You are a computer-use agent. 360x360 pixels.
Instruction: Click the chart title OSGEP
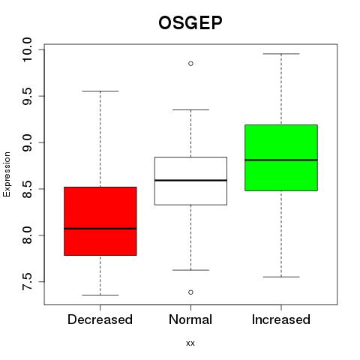coord(190,22)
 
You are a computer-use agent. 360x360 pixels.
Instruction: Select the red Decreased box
coord(100,221)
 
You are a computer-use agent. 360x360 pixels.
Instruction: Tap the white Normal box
coord(190,181)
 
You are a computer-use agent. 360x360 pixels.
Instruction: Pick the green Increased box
coord(281,157)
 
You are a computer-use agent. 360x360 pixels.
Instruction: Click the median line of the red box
coord(100,229)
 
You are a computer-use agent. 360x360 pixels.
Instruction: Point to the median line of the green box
coord(281,160)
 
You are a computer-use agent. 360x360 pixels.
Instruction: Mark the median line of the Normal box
coord(190,180)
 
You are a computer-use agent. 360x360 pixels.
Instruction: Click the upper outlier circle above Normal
coord(190,64)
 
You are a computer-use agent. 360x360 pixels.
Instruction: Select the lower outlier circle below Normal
coord(190,292)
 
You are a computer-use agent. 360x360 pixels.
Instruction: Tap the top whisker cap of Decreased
coord(100,91)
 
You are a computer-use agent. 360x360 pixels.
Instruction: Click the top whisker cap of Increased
coord(281,54)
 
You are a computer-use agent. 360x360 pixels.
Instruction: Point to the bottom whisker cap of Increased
coord(281,277)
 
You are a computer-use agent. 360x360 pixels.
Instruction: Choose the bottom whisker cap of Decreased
coord(100,295)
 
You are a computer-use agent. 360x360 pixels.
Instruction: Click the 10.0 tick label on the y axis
coord(27,49)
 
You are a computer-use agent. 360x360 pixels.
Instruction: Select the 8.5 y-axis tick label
coord(27,189)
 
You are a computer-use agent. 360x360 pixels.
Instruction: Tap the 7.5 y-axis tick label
coord(27,282)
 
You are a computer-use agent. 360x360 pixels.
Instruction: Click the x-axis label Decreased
coord(100,319)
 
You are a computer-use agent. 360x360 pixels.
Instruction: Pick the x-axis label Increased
coord(281,319)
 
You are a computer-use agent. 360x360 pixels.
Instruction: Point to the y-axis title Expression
coord(7,174)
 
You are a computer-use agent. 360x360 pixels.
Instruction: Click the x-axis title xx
coord(190,343)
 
